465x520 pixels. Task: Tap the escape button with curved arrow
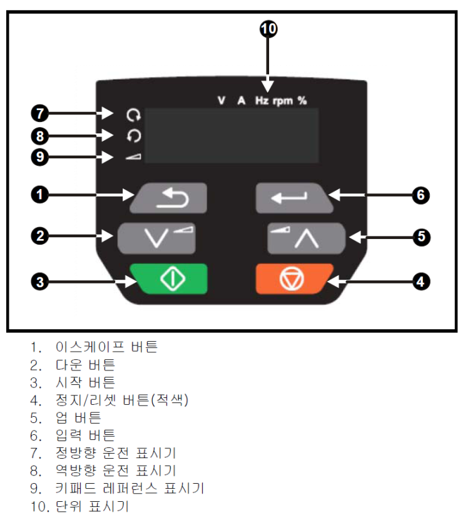click(168, 198)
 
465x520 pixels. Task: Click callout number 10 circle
click(268, 29)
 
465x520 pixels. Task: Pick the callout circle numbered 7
click(39, 114)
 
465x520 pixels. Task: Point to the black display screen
click(231, 136)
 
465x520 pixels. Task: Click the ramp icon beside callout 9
click(133, 156)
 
